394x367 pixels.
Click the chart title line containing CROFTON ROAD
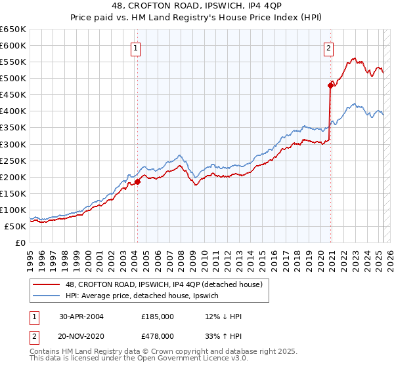(x=197, y=6)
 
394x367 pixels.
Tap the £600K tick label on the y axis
(x=13, y=46)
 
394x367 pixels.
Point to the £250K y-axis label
(x=13, y=161)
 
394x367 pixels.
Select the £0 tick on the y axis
(x=20, y=242)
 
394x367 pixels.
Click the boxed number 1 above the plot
(x=135, y=47)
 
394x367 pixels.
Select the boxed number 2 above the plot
(x=328, y=47)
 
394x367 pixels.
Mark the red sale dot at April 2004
(x=138, y=182)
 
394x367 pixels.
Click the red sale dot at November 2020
(x=330, y=85)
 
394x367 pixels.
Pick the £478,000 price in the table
(x=158, y=336)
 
